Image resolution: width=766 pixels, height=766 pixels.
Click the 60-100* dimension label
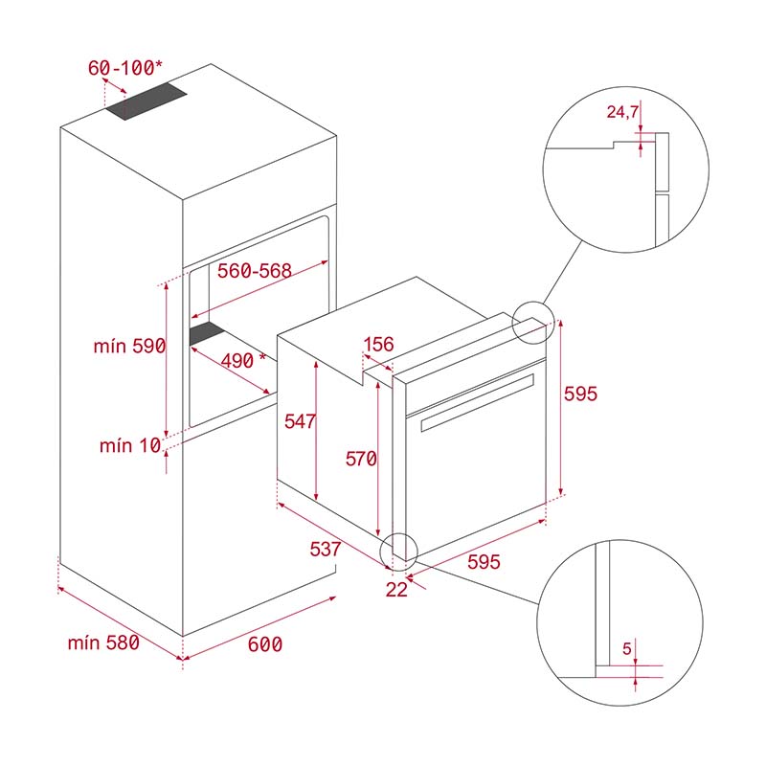pyautogui.click(x=125, y=68)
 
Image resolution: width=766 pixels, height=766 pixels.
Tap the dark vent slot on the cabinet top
pyautogui.click(x=146, y=101)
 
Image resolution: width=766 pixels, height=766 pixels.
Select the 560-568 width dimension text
pyautogui.click(x=254, y=271)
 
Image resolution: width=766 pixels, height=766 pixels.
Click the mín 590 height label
pyautogui.click(x=129, y=347)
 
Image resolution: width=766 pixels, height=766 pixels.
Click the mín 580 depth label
pyautogui.click(x=103, y=642)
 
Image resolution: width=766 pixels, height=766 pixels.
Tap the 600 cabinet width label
pyautogui.click(x=264, y=644)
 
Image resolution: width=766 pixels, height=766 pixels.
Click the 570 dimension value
pyautogui.click(x=361, y=460)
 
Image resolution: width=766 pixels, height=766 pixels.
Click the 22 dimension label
pyautogui.click(x=395, y=590)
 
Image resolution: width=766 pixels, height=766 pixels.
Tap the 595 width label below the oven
pyautogui.click(x=484, y=563)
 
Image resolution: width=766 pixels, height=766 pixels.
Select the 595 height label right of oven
pyautogui.click(x=580, y=394)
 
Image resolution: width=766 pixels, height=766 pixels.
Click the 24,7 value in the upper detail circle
pyautogui.click(x=623, y=112)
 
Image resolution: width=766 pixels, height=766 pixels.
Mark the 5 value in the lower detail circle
pyautogui.click(x=627, y=649)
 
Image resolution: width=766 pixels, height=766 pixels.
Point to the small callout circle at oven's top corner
pyautogui.click(x=532, y=323)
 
